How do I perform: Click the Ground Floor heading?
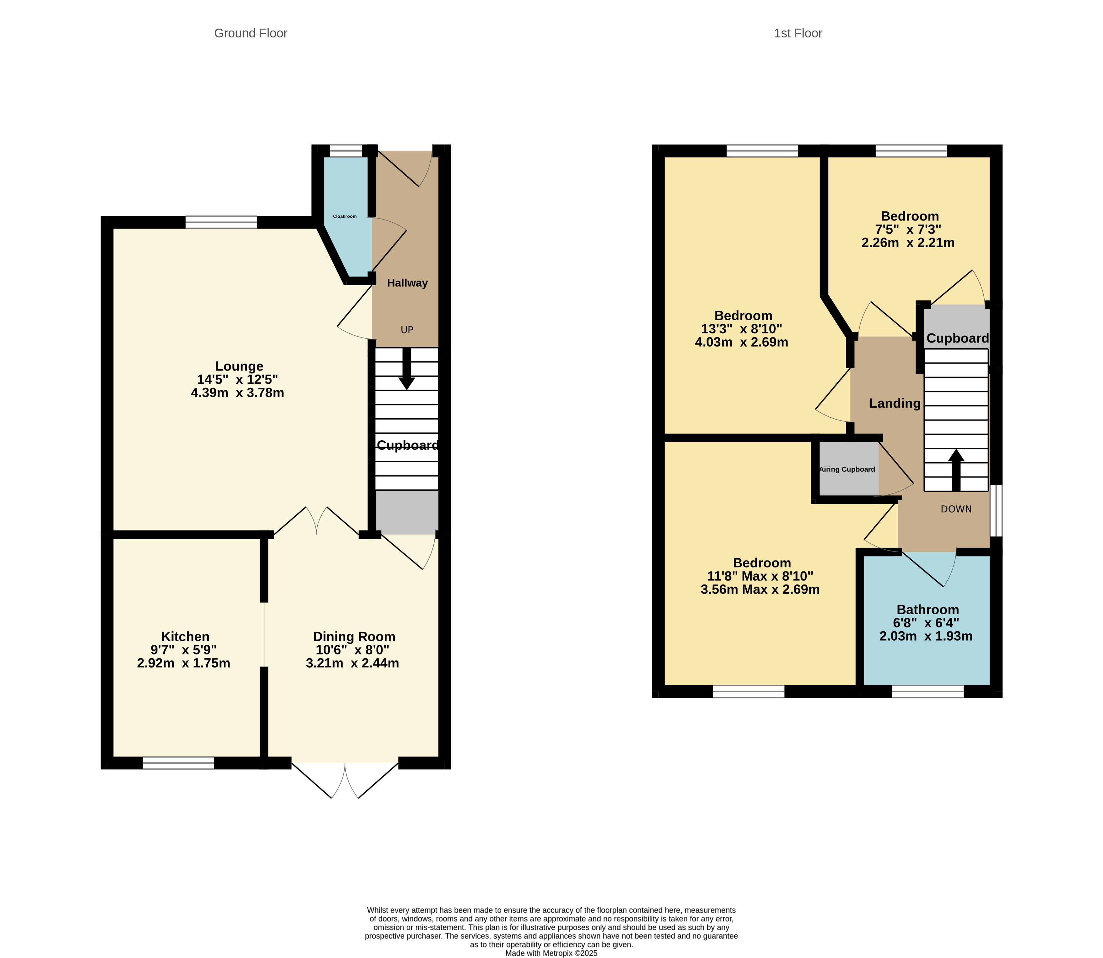250,33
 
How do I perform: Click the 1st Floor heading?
798,33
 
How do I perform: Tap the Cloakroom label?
345,216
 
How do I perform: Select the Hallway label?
407,283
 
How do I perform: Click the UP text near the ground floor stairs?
407,330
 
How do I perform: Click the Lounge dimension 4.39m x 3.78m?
237,393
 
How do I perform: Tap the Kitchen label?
185,636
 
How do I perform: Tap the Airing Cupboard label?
847,469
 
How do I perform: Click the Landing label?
894,403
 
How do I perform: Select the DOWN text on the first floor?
956,509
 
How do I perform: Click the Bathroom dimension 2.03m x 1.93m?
926,636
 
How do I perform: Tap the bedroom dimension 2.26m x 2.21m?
908,243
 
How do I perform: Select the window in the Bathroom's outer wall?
928,692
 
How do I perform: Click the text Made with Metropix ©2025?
551,953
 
